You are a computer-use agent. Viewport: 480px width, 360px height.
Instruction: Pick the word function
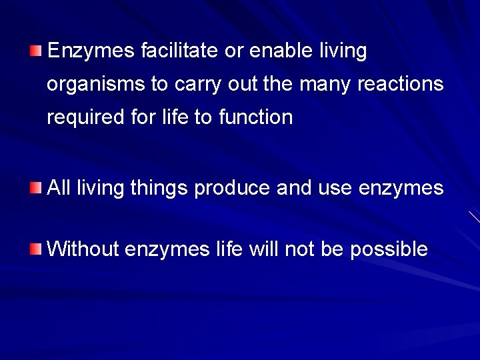pos(256,117)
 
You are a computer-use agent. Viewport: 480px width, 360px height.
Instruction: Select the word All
pos(59,188)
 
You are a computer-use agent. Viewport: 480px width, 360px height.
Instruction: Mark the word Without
pos(83,249)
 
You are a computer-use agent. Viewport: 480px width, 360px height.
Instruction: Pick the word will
pos(263,249)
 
